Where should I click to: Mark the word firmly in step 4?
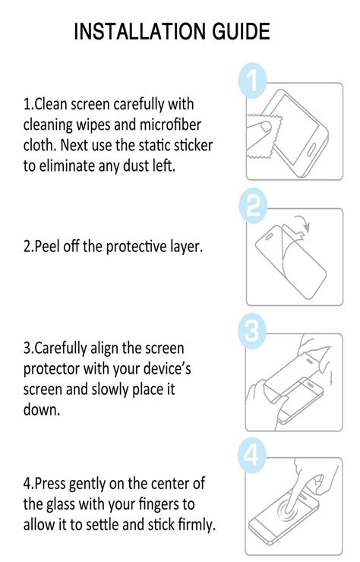click(193, 524)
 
